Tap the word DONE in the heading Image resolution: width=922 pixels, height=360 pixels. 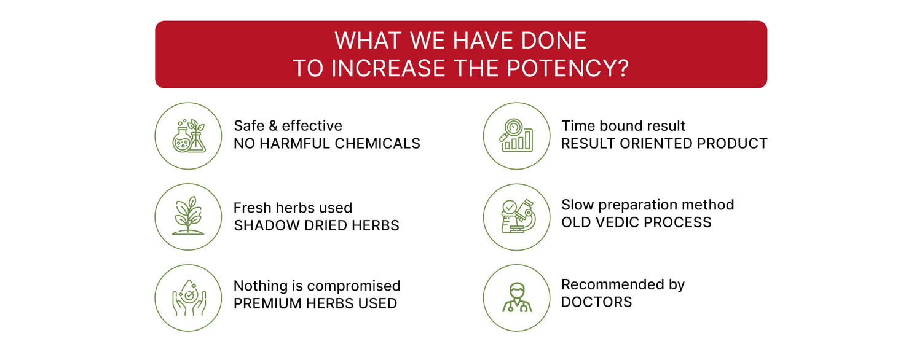[554, 41]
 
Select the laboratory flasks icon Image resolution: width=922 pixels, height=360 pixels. [189, 136]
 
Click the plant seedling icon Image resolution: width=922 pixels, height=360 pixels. [188, 216]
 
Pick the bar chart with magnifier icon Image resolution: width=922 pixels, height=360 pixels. [516, 135]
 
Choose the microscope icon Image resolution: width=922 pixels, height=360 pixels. [518, 216]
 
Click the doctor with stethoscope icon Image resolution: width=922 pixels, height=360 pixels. [517, 297]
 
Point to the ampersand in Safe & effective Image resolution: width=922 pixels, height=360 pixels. [273, 126]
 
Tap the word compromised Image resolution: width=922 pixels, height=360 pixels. [353, 286]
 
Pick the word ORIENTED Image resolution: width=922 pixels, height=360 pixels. [656, 144]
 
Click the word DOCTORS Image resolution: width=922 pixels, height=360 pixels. [596, 302]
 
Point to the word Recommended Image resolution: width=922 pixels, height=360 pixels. [612, 284]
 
